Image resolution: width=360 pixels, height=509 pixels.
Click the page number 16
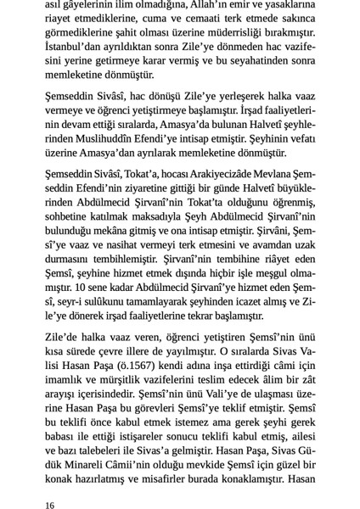click(51, 481)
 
